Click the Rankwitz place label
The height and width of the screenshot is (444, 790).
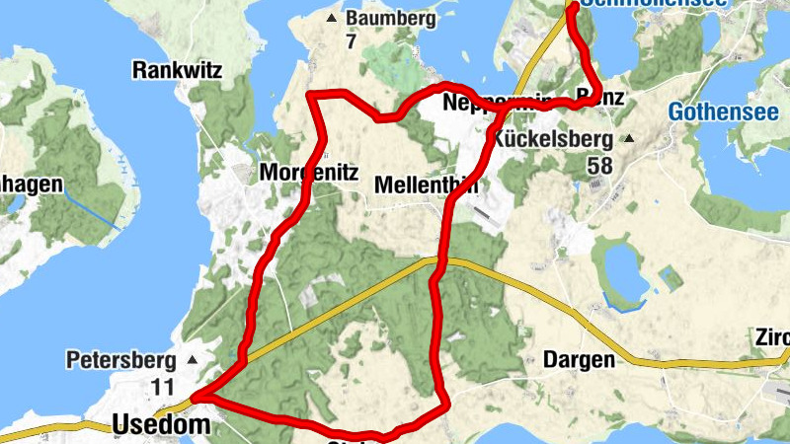[x=178, y=70]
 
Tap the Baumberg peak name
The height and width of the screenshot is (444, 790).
[x=389, y=19]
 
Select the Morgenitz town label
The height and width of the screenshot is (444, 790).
[x=308, y=173]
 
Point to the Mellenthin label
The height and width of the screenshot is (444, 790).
[x=427, y=185]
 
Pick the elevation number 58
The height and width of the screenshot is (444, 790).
[x=599, y=165]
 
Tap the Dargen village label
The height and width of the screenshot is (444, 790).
[x=578, y=360]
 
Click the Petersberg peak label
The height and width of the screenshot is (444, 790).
[x=120, y=359]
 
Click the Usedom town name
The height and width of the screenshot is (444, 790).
[x=162, y=424]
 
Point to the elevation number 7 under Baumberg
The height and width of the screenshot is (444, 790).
[x=351, y=42]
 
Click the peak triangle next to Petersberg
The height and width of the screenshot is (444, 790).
[x=193, y=359]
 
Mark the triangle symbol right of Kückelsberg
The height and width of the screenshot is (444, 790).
[x=629, y=138]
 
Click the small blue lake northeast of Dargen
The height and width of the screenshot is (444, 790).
[x=620, y=271]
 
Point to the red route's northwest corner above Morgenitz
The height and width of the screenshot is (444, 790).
[x=311, y=95]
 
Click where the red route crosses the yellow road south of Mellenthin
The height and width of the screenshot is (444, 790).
[x=437, y=261]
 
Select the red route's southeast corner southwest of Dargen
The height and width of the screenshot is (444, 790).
[x=447, y=403]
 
